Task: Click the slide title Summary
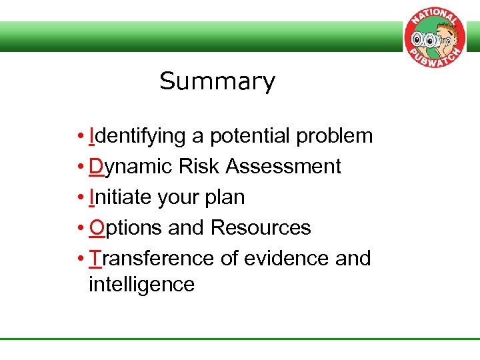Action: click(x=217, y=81)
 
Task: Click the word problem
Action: click(x=335, y=136)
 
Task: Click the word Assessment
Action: click(x=283, y=167)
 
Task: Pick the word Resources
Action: click(x=261, y=228)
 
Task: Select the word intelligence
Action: click(x=141, y=285)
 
